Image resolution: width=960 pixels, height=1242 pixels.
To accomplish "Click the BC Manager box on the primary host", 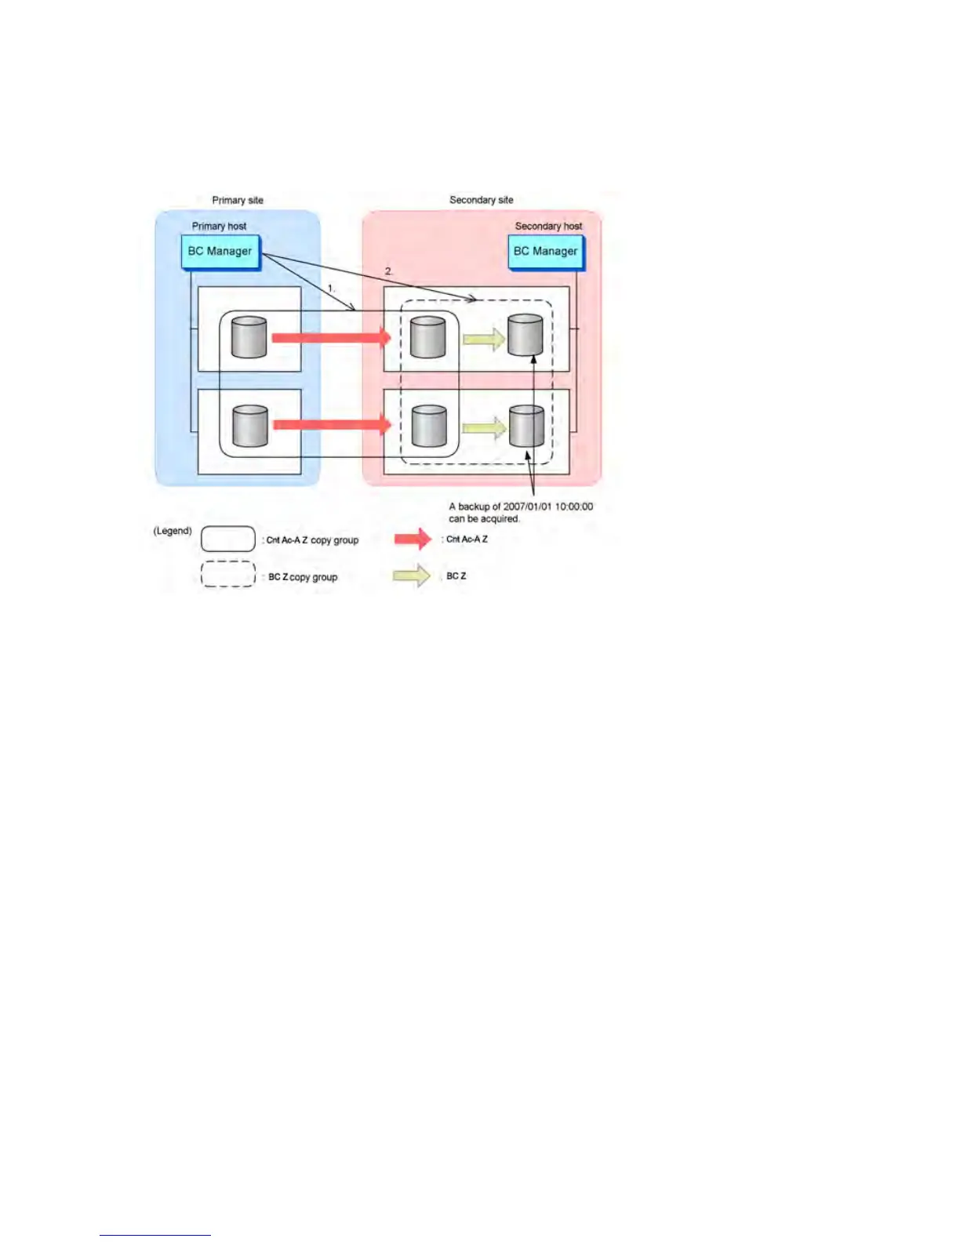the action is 220,252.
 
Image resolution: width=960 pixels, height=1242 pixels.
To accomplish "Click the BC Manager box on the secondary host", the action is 545,252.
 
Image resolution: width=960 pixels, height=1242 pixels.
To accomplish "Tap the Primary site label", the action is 238,201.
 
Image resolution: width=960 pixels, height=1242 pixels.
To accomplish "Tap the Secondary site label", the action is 481,200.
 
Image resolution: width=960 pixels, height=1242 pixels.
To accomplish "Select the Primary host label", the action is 219,227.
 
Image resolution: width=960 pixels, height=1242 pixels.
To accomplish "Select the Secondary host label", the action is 548,227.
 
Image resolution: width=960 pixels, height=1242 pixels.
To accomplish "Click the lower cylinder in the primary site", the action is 250,426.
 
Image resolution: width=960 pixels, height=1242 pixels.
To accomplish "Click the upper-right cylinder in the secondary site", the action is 525,335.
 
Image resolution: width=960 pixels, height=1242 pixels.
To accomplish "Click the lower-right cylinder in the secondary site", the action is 526,427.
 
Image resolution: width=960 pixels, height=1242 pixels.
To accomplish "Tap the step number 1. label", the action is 331,289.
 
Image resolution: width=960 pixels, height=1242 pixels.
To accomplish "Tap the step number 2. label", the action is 388,271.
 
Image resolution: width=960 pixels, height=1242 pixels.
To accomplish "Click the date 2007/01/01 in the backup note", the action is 527,507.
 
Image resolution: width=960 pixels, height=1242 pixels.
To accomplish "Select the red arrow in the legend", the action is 413,539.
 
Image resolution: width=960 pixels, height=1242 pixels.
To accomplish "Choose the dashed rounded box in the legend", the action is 228,574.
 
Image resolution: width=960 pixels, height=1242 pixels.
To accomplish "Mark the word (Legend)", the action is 173,531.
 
